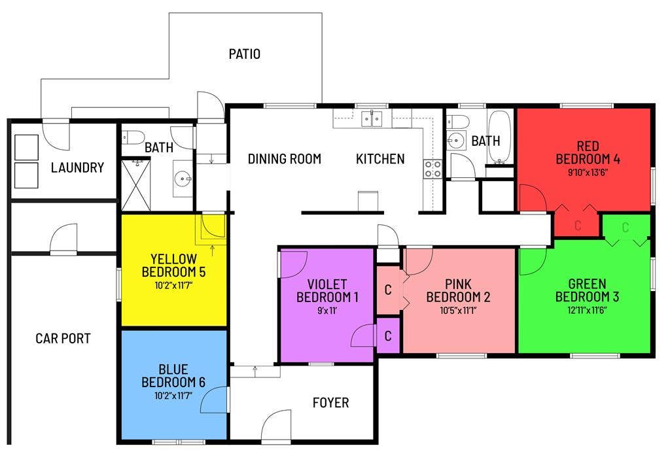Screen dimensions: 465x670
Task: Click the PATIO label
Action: click(x=244, y=54)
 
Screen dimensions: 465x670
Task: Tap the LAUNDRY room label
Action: click(x=77, y=168)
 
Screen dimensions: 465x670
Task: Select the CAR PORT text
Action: click(x=63, y=339)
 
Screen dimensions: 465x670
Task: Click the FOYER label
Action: click(x=330, y=403)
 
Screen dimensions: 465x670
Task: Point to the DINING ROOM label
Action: click(x=284, y=159)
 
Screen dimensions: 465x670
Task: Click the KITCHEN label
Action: click(x=380, y=159)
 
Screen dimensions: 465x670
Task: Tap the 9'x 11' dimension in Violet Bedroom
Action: click(x=327, y=311)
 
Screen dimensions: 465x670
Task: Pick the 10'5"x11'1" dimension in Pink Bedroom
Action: click(x=458, y=311)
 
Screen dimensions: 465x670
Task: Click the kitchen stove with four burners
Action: click(x=432, y=169)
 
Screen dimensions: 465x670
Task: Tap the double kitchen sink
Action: click(x=372, y=119)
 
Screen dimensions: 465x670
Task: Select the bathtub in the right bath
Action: click(x=501, y=137)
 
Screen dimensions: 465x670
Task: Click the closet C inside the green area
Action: click(x=626, y=228)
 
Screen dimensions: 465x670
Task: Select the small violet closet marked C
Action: click(x=388, y=336)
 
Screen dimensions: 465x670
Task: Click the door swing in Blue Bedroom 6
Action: click(x=217, y=399)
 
